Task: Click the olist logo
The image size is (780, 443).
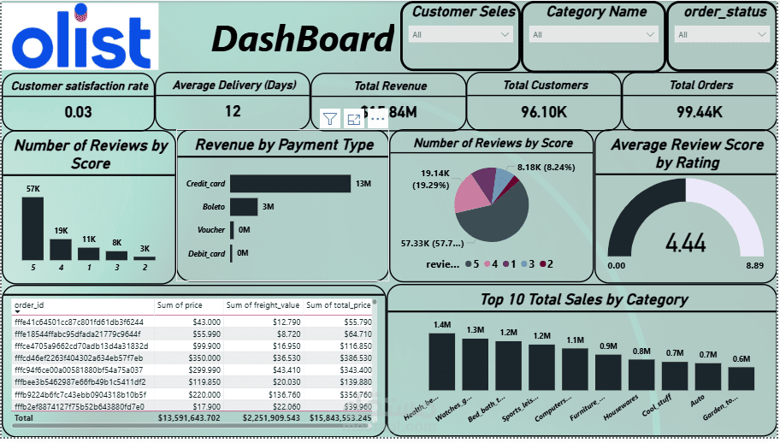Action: [83, 37]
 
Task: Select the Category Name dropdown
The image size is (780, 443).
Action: [593, 35]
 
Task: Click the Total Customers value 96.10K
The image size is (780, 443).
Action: [544, 111]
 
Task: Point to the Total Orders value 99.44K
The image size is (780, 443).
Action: [700, 111]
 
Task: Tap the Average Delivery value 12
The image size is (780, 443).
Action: [233, 111]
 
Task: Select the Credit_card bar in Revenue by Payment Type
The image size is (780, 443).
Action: [290, 184]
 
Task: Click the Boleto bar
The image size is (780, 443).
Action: [243, 207]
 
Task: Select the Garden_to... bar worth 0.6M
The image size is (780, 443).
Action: [742, 379]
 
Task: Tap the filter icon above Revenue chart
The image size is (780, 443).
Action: [330, 119]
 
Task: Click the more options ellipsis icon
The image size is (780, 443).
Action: [377, 119]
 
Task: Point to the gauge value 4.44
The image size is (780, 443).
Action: [685, 243]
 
